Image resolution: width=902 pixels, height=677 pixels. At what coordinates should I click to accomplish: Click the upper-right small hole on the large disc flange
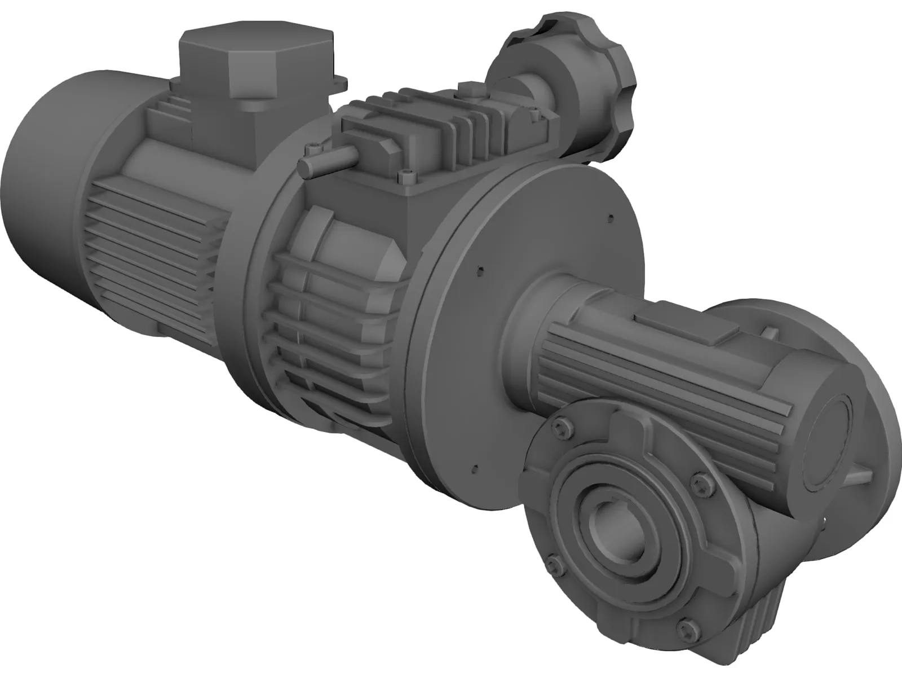coord(610,214)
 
